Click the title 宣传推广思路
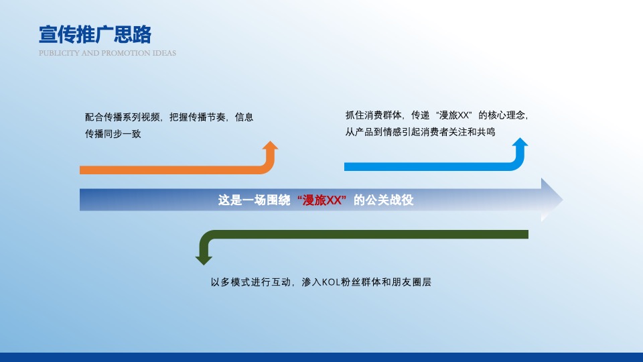click(x=95, y=34)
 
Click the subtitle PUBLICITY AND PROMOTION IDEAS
click(x=107, y=53)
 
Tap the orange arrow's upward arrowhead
click(x=270, y=147)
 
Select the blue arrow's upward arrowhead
click(x=520, y=144)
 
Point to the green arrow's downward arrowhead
click(x=204, y=258)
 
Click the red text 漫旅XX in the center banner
click(x=323, y=200)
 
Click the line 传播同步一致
click(x=113, y=134)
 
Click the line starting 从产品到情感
click(x=420, y=132)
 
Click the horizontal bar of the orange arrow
click(x=167, y=170)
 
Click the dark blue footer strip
click(x=321, y=357)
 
